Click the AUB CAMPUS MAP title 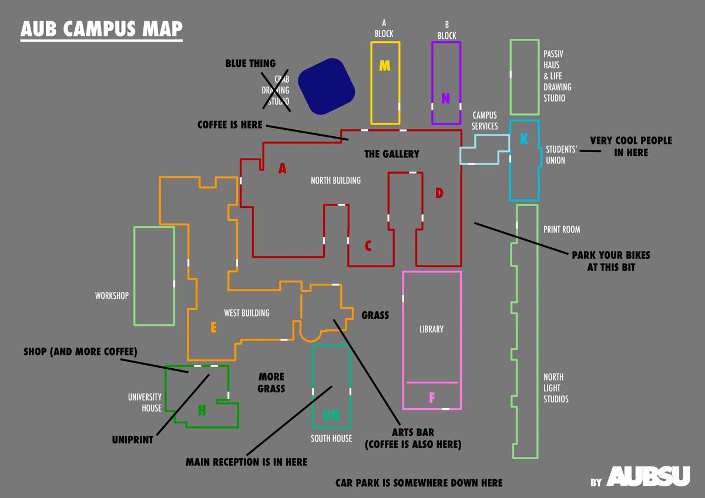tap(101, 29)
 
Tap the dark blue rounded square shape tap(327, 86)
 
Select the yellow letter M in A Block tap(385, 66)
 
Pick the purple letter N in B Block tap(446, 99)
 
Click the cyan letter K tap(524, 139)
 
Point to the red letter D tap(439, 193)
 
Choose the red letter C tap(368, 246)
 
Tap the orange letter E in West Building tap(213, 328)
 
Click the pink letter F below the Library tap(432, 398)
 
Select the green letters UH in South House tap(331, 416)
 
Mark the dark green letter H tap(202, 411)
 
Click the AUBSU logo tap(648, 476)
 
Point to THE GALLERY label tap(392, 154)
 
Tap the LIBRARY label tap(431, 329)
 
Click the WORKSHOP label tap(112, 296)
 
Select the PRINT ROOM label tap(562, 230)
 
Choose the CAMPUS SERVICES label tap(485, 120)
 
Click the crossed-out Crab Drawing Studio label tap(276, 91)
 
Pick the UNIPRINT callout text tap(133, 439)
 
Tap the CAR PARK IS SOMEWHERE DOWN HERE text tap(419, 483)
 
